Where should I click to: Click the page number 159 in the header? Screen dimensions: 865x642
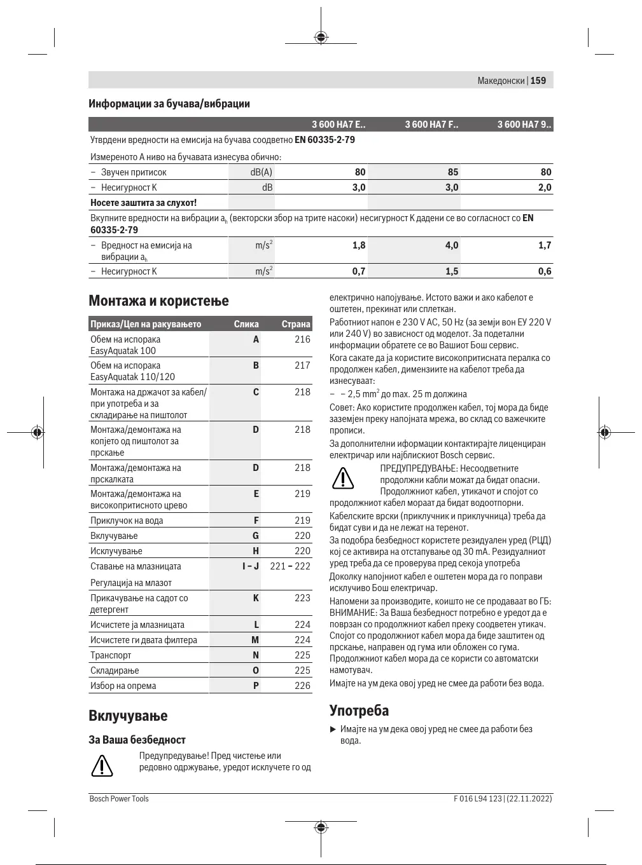point(538,81)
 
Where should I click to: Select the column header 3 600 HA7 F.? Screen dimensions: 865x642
point(431,125)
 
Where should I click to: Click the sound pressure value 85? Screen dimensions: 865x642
point(452,172)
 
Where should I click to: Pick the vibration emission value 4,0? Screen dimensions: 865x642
point(451,245)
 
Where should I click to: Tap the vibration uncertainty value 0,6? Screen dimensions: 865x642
point(545,271)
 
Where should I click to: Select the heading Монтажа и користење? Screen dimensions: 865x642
point(158,301)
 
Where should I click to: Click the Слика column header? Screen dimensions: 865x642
point(246,324)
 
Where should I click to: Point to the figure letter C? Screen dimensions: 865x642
point(256,392)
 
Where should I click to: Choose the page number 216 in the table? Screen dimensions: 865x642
point(302,339)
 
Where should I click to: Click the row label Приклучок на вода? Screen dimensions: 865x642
point(127,521)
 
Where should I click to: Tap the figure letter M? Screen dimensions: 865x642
point(255,640)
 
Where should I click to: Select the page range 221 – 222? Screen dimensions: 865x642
point(290,566)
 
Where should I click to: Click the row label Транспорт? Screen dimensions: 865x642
point(111,655)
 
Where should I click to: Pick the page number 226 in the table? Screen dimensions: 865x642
point(302,686)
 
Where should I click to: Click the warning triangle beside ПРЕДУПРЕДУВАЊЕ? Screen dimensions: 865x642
point(343,479)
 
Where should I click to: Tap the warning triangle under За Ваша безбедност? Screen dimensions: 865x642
point(102,766)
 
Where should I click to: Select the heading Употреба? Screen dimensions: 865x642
point(359,711)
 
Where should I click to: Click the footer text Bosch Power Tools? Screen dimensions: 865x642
point(119,799)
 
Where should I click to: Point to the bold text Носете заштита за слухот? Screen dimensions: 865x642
point(144,203)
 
